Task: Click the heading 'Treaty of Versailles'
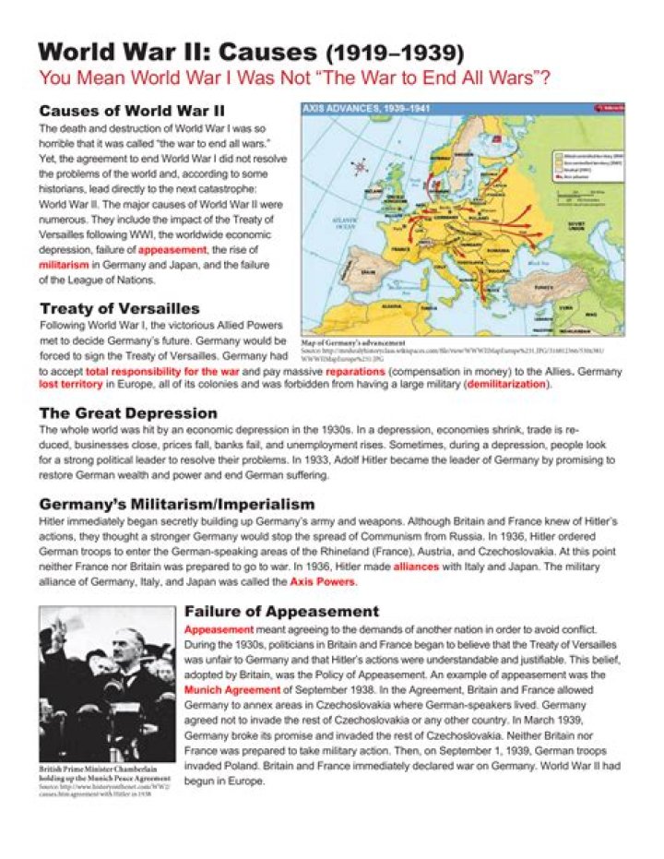point(119,308)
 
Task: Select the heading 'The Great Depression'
point(128,412)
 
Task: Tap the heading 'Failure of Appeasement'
point(281,611)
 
